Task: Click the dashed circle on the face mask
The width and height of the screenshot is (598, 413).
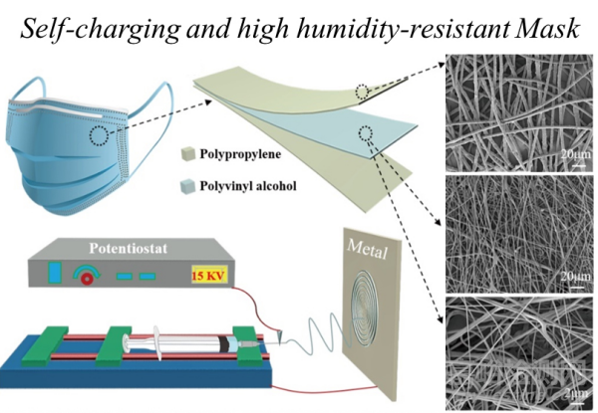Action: coord(102,135)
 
